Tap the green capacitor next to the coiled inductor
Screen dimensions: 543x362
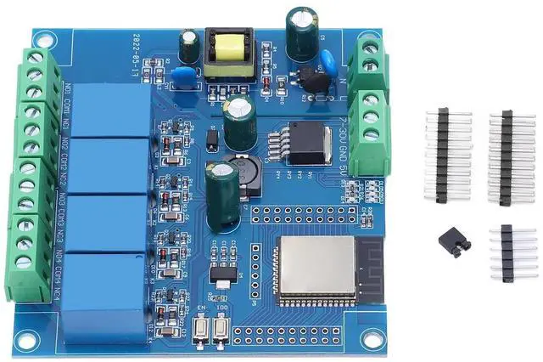click(x=222, y=195)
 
